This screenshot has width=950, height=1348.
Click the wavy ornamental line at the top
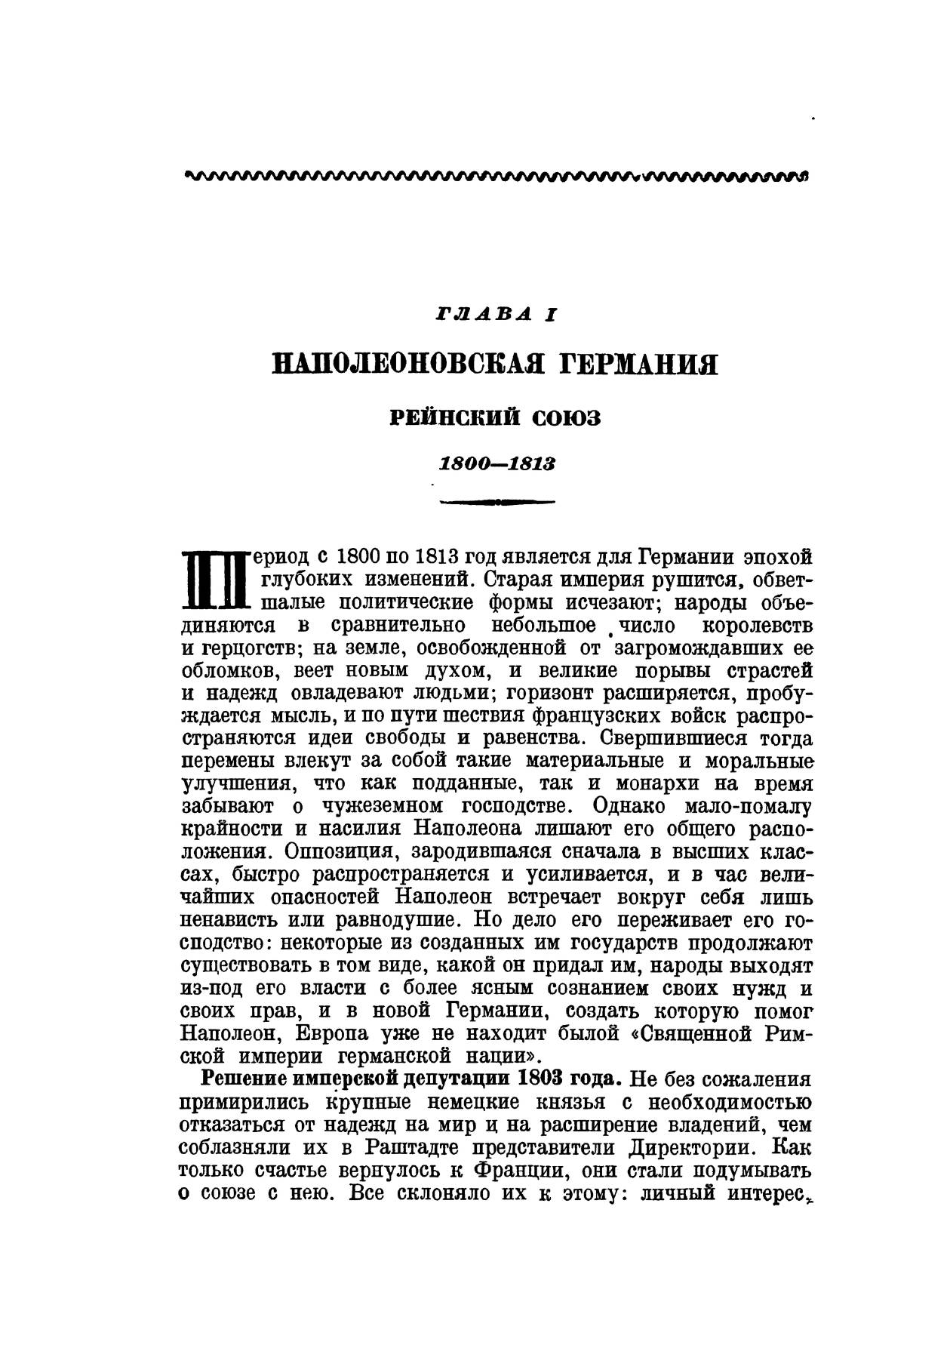click(x=496, y=177)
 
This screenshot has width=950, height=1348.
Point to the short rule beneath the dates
click(x=497, y=501)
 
